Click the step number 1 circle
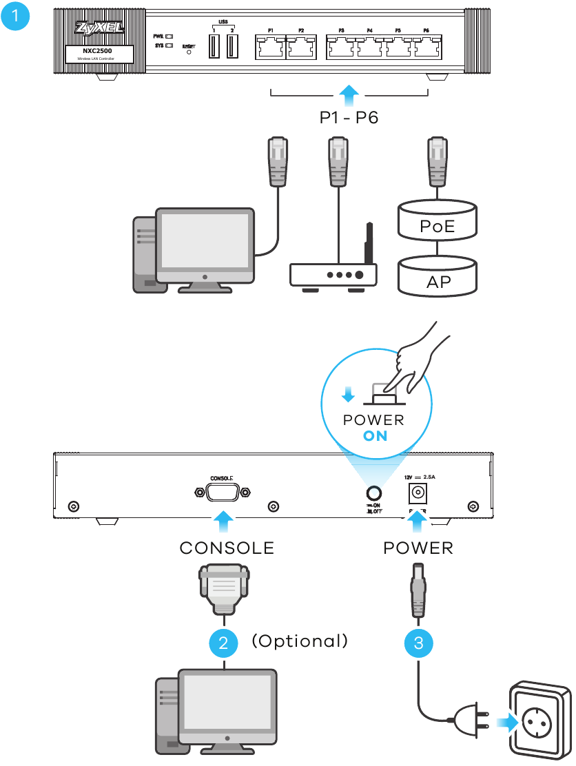tap(16, 17)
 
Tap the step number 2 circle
tap(223, 643)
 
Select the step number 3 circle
tap(418, 643)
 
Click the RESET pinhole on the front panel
tap(189, 52)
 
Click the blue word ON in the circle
tap(376, 436)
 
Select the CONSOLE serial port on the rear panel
tap(220, 493)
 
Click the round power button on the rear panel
tap(374, 493)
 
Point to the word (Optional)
tap(300, 641)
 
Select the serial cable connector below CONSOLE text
tap(223, 586)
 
